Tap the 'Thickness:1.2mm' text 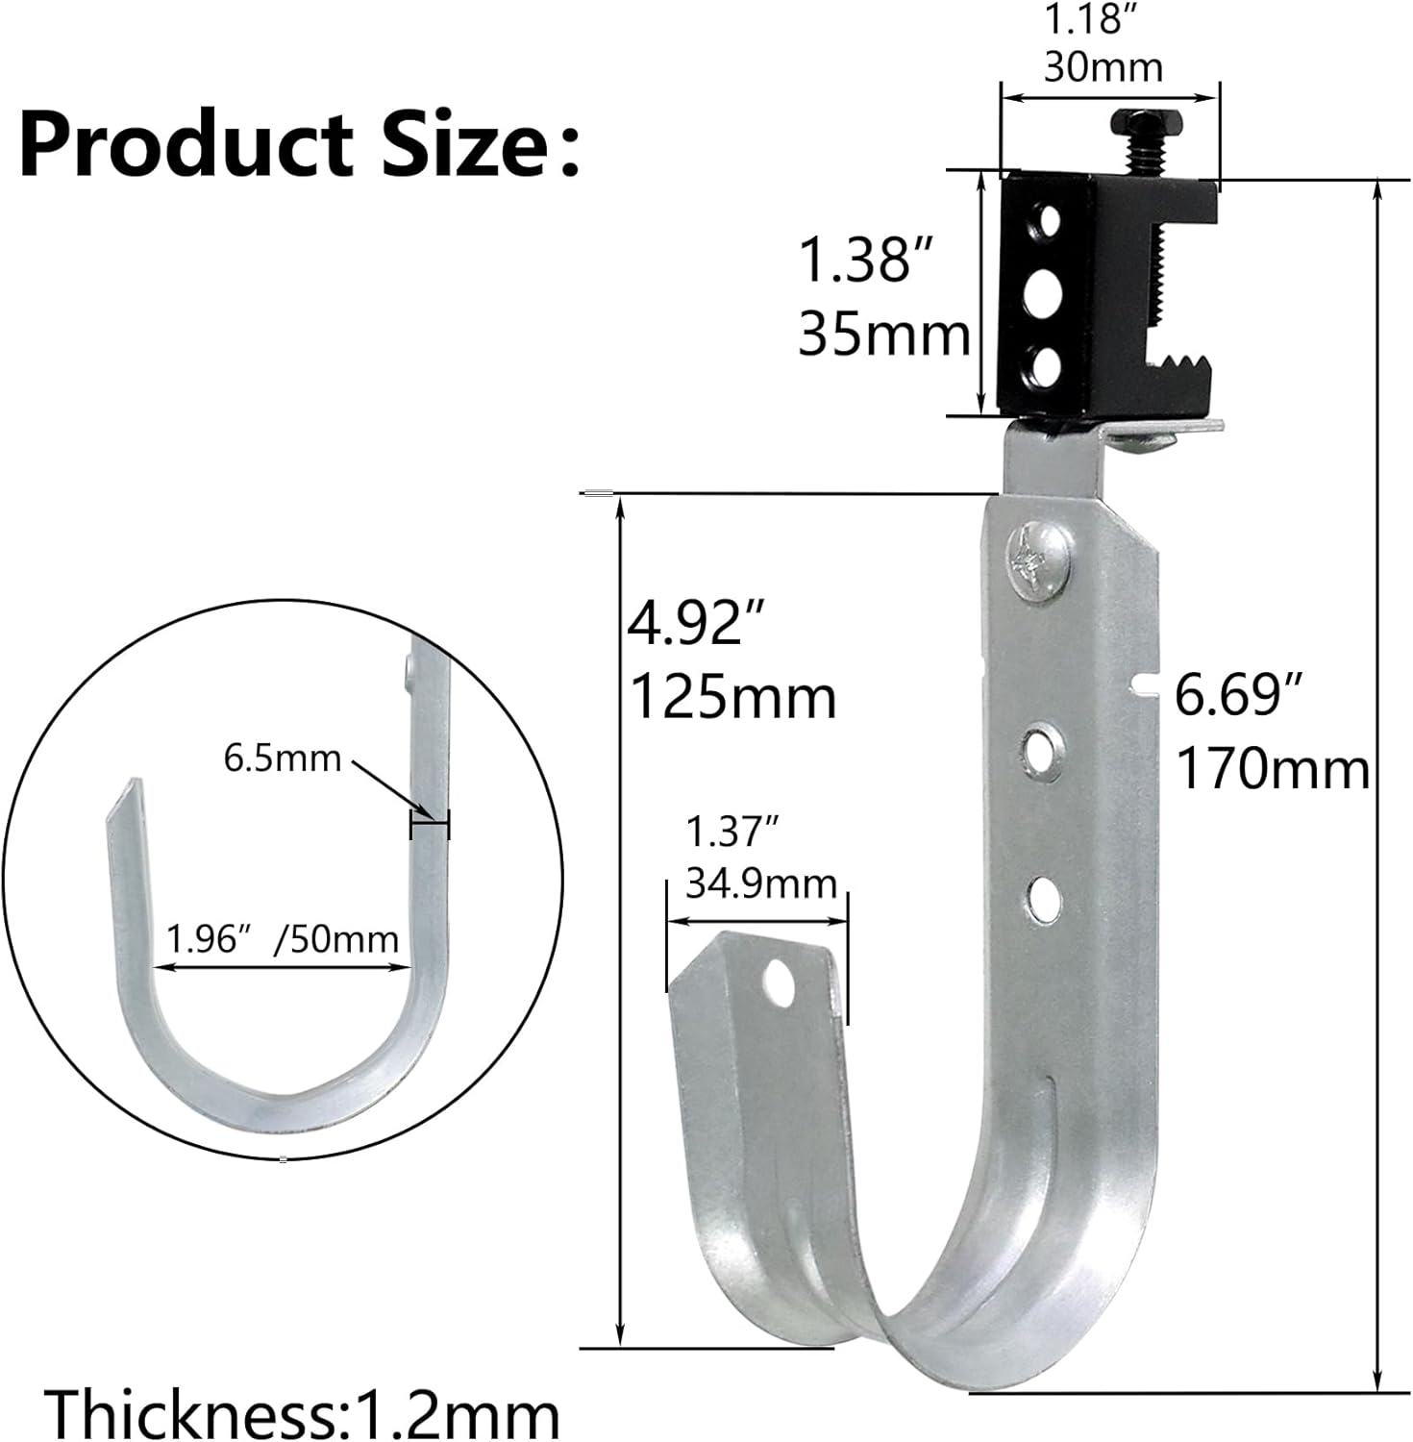pos(304,1413)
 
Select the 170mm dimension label pos(1273,769)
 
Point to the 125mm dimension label pos(732,697)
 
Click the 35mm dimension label pos(883,336)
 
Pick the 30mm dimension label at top pos(1103,67)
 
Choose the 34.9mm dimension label pos(760,883)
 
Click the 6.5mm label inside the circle pos(282,758)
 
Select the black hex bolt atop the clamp pos(1140,124)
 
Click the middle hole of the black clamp pos(1042,294)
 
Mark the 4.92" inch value pos(686,624)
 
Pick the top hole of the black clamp pos(1046,223)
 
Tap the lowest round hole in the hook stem pos(1043,896)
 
